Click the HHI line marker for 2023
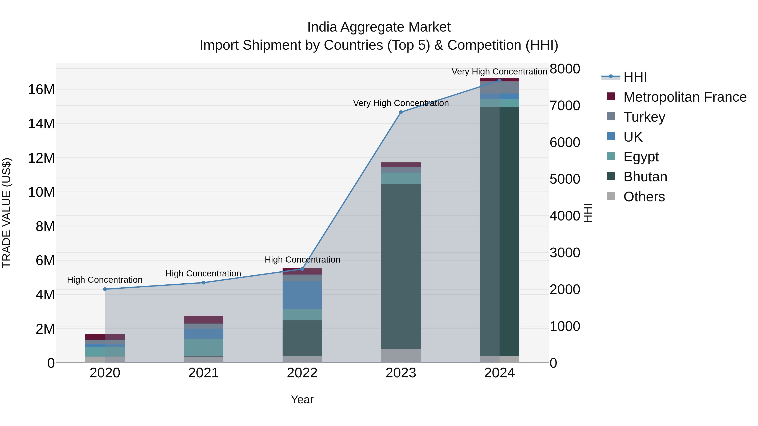coord(401,112)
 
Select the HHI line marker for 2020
coord(105,289)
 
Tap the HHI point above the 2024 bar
coord(499,80)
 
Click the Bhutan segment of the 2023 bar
coord(401,266)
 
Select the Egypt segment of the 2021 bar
coord(204,347)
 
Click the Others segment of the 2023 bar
coord(401,356)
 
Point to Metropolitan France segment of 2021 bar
coord(204,320)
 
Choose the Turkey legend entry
coord(644,117)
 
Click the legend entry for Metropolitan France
coord(685,97)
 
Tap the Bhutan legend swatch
coord(611,177)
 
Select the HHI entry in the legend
coord(635,77)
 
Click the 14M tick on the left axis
coord(41,124)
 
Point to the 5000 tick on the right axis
coord(565,179)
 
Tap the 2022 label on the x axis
coord(302,373)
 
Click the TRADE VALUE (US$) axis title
coord(7,213)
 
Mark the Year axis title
coord(302,399)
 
